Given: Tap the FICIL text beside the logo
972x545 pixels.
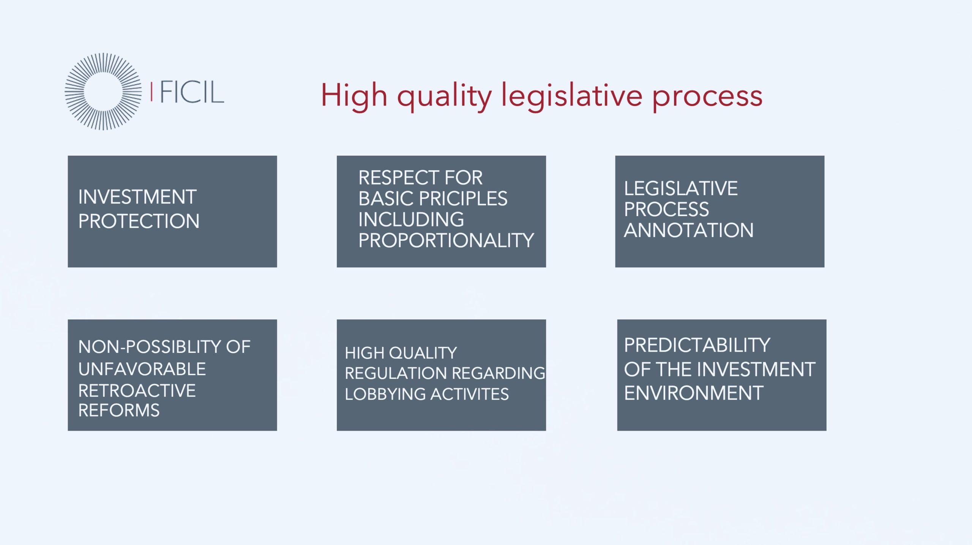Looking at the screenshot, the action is pyautogui.click(x=192, y=92).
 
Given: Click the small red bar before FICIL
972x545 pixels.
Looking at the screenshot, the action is pyautogui.click(x=151, y=92).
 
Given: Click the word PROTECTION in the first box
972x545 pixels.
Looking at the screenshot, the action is pyautogui.click(x=139, y=221).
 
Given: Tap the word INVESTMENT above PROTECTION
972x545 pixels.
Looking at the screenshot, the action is pyautogui.click(x=137, y=197).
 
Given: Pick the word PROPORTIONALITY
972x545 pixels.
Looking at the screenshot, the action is pyautogui.click(x=446, y=240).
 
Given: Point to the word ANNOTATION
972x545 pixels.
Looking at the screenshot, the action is pyautogui.click(x=688, y=230).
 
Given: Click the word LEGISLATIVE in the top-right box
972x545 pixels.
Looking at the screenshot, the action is pyautogui.click(x=681, y=188).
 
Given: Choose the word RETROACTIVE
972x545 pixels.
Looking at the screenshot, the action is pyautogui.click(x=137, y=391).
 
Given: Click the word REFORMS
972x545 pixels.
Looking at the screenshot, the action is pyautogui.click(x=119, y=410).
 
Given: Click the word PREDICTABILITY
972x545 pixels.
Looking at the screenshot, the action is pyautogui.click(x=697, y=345).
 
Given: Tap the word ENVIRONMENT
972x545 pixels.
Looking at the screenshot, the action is pyautogui.click(x=694, y=393).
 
